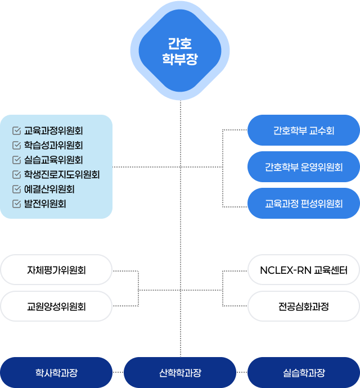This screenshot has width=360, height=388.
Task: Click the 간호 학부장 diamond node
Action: (180, 51)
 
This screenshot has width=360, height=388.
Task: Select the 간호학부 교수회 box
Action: (304, 130)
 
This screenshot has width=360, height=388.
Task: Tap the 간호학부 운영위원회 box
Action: (304, 167)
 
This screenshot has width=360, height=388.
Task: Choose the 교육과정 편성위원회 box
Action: (304, 204)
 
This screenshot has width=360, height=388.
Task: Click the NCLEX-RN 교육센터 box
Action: (304, 270)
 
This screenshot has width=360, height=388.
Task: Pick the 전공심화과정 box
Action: (304, 306)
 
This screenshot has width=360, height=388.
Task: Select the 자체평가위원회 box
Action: (56, 270)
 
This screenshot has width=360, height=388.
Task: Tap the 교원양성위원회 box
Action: (56, 306)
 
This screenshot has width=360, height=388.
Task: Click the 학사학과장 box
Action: (56, 373)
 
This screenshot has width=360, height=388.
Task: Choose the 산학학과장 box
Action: (180, 373)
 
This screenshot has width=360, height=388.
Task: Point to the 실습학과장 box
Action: (304, 373)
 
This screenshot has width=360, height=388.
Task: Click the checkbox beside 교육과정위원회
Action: (16, 131)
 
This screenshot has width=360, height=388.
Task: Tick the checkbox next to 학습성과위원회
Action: (16, 146)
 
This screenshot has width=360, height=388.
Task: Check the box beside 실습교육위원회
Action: (16, 160)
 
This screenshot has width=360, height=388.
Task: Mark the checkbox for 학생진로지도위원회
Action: (16, 175)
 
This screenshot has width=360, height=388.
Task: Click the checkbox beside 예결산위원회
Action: (16, 190)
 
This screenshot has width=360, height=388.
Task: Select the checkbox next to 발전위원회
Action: (16, 204)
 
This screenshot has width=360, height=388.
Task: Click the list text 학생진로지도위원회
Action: (62, 175)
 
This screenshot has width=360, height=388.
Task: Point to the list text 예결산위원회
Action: (49, 190)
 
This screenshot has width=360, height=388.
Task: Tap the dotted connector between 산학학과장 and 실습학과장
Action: (242, 373)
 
